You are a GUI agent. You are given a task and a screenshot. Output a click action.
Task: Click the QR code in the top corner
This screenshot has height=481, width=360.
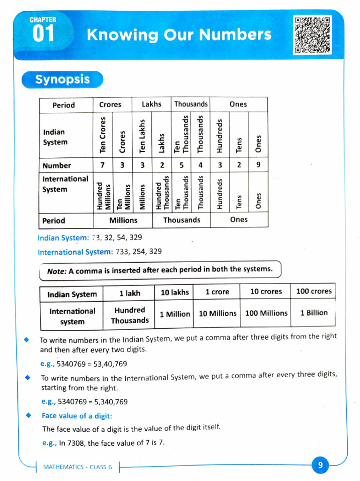click(x=312, y=35)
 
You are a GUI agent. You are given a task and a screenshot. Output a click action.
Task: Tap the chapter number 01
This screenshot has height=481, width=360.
click(x=43, y=35)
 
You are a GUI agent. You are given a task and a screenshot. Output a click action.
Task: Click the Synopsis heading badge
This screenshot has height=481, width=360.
click(x=62, y=79)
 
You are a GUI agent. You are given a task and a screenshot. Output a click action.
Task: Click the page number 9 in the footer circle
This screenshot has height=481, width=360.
click(x=320, y=465)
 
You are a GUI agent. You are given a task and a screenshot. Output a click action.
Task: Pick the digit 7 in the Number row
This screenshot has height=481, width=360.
click(x=103, y=165)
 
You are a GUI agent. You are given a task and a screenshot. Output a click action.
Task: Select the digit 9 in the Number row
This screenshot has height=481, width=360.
click(x=258, y=165)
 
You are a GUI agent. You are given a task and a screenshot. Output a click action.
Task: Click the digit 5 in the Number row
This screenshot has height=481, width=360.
click(x=181, y=165)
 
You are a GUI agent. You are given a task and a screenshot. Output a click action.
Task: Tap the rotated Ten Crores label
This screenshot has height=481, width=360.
click(x=103, y=134)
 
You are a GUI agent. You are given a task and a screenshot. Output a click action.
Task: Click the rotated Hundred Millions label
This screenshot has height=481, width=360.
click(x=103, y=192)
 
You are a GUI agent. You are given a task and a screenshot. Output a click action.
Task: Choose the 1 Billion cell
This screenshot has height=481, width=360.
click(x=314, y=313)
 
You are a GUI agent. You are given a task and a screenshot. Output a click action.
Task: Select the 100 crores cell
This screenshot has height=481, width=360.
click(x=314, y=291)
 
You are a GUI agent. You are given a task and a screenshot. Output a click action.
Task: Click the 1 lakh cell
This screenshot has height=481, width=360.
click(x=129, y=293)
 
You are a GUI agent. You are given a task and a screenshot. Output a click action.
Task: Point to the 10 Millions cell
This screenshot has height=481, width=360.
click(x=217, y=313)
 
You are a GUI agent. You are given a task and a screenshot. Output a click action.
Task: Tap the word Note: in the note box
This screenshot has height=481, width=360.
click(x=57, y=271)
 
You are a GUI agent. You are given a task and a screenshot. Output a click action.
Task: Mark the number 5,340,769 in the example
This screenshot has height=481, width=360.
click(x=106, y=402)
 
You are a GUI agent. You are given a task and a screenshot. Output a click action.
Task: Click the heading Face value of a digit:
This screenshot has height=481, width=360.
click(x=77, y=416)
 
